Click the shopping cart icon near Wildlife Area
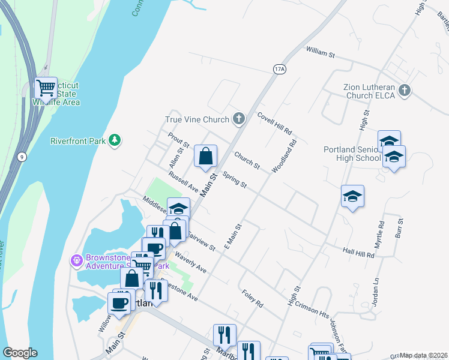click(x=46, y=89)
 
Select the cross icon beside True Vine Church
click(x=239, y=119)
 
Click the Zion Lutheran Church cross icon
click(x=405, y=91)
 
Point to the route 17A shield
click(x=279, y=69)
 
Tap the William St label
click(x=320, y=54)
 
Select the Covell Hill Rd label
click(x=274, y=123)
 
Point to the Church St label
click(x=247, y=160)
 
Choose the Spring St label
click(x=234, y=179)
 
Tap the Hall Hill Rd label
click(x=358, y=254)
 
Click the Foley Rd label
click(x=252, y=299)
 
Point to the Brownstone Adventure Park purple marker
click(x=76, y=260)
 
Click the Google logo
click(x=20, y=353)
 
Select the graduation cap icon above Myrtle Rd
click(x=352, y=196)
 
